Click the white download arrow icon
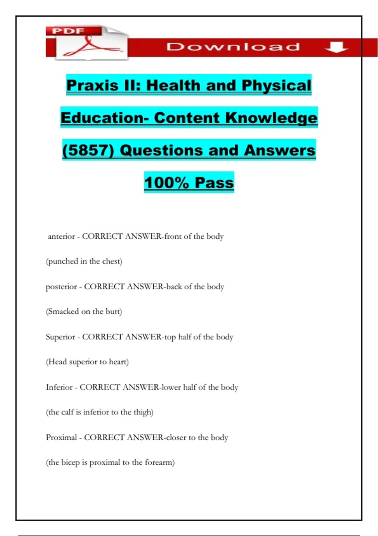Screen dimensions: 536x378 [336, 48]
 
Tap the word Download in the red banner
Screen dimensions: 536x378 [233, 47]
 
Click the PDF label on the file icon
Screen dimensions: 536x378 [68, 31]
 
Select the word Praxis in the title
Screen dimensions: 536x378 [92, 85]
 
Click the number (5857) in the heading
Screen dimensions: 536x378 [88, 150]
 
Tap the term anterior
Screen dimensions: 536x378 [61, 236]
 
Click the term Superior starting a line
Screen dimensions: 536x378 [60, 337]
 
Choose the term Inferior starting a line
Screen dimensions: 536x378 [59, 387]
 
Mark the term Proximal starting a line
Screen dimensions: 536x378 [61, 438]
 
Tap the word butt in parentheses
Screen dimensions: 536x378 [113, 312]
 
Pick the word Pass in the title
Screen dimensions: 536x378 [214, 183]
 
